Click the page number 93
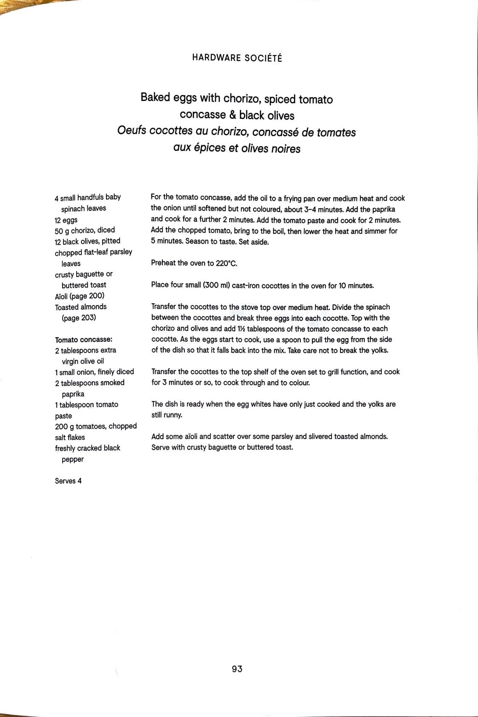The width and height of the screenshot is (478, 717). (x=237, y=669)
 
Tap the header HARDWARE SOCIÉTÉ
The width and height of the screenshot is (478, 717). (x=237, y=58)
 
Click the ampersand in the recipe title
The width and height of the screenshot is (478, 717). (x=233, y=115)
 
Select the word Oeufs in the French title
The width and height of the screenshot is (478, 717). (x=132, y=132)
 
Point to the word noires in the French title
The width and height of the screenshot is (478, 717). (x=286, y=149)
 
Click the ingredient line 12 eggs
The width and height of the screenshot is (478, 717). (x=66, y=220)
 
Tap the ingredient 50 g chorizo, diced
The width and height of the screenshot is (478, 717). (x=85, y=230)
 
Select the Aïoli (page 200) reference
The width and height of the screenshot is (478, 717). (x=80, y=296)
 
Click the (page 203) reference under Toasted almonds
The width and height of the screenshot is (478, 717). (x=79, y=318)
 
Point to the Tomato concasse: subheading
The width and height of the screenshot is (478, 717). (x=84, y=340)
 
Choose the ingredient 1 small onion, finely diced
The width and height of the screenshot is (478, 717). (x=95, y=372)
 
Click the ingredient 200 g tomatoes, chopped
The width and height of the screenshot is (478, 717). (x=96, y=426)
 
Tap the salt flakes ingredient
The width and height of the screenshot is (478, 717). (x=70, y=437)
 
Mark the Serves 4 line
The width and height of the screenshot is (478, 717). (x=68, y=481)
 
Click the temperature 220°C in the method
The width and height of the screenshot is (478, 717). (x=226, y=263)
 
